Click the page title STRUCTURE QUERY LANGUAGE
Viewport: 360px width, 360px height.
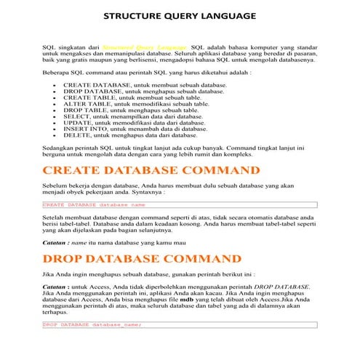[180, 15]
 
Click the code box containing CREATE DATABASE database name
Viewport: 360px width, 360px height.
[179, 205]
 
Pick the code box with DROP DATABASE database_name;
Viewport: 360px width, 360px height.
[179, 325]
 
